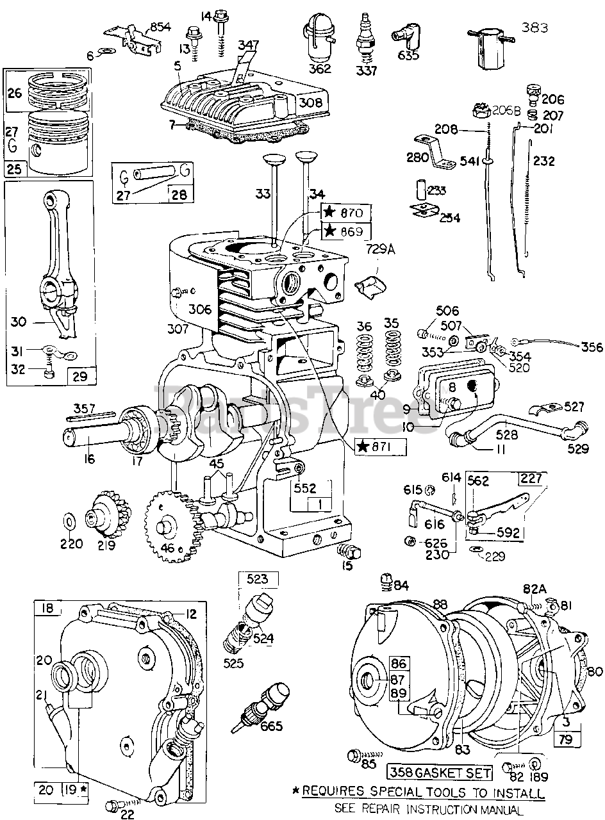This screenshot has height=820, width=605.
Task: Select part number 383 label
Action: pyautogui.click(x=535, y=27)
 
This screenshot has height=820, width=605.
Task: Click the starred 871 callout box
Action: pyautogui.click(x=381, y=447)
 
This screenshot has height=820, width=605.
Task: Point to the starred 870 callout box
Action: pyautogui.click(x=345, y=212)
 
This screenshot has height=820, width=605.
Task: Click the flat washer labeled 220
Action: pyautogui.click(x=69, y=519)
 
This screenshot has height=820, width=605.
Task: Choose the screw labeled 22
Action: pyautogui.click(x=115, y=805)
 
